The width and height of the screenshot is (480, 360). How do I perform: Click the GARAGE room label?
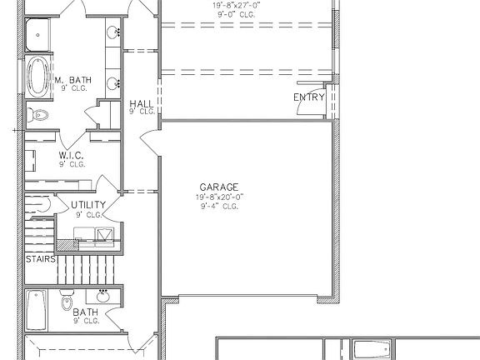(x=220, y=187)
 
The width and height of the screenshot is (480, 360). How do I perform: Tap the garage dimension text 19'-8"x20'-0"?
(x=220, y=197)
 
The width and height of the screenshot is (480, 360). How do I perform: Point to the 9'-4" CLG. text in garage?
(x=220, y=206)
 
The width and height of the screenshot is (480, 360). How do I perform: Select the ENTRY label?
(x=309, y=98)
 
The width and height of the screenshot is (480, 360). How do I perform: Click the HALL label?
(x=141, y=104)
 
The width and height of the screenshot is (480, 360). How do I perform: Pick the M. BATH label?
(x=73, y=81)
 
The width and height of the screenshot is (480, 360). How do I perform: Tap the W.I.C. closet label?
(x=72, y=155)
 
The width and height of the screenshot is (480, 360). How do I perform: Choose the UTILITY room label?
(x=87, y=205)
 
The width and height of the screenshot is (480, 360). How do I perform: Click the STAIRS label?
(x=40, y=259)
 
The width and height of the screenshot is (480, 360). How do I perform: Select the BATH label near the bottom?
(x=86, y=312)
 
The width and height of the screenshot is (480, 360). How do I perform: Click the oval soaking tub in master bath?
(x=38, y=77)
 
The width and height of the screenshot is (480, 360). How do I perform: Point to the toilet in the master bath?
(x=38, y=114)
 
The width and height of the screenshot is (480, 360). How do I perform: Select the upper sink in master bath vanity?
(x=112, y=33)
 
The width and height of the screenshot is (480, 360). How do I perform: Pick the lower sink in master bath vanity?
(x=112, y=82)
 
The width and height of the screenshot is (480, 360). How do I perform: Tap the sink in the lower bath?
(x=103, y=295)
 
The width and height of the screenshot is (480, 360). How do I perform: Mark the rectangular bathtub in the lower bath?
(x=36, y=310)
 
